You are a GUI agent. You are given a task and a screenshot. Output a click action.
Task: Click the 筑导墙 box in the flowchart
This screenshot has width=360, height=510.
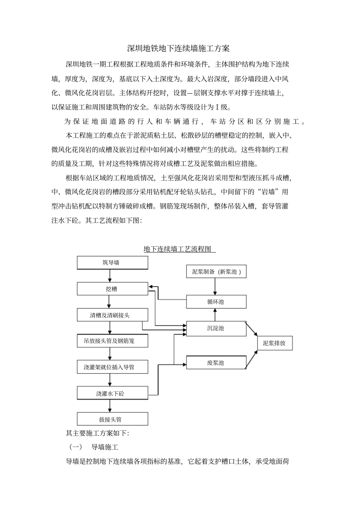(112, 263)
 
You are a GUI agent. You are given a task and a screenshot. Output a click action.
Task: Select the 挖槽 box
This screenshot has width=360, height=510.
(112, 289)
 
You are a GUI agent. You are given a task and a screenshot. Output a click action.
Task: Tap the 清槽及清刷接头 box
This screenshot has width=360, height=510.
(112, 315)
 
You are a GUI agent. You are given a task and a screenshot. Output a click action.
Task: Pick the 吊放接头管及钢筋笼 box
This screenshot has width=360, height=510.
(112, 341)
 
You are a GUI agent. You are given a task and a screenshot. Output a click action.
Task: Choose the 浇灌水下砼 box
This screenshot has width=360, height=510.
(112, 393)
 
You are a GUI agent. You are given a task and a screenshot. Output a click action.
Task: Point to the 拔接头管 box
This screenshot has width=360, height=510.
(112, 419)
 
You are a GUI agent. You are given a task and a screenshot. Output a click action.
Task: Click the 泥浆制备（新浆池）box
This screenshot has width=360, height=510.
(216, 272)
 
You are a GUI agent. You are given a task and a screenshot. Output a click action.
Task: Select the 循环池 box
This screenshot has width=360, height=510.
(216, 302)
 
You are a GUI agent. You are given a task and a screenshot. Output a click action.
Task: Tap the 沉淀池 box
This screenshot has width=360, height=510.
(216, 328)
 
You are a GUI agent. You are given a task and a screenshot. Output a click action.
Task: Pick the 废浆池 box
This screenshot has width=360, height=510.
(216, 363)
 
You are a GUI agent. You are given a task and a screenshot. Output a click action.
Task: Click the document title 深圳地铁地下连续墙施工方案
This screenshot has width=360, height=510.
(178, 48)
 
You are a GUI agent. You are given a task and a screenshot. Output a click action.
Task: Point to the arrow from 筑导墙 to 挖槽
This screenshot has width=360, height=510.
(110, 276)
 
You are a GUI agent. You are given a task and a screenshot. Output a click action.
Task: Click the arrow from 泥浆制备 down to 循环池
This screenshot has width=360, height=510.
(215, 286)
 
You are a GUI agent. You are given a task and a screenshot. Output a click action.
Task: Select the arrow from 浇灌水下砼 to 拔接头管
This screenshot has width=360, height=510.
(110, 406)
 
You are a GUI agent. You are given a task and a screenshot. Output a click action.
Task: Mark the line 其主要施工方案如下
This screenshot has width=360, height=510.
(97, 433)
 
